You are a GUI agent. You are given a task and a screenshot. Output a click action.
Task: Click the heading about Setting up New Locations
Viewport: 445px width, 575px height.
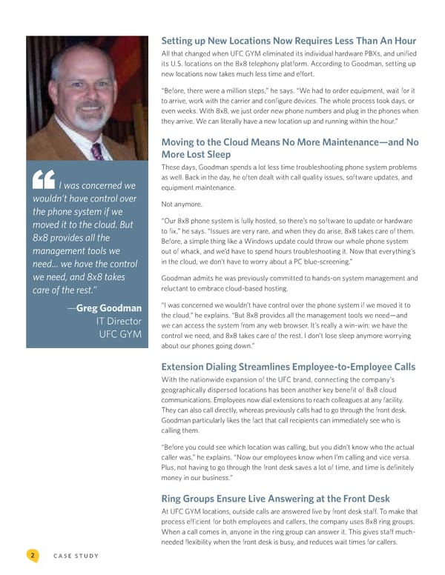(x=289, y=41)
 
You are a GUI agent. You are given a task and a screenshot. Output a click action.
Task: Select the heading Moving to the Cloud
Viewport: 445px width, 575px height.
(x=289, y=149)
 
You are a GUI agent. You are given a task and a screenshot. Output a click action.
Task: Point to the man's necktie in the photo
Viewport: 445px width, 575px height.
(x=96, y=151)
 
